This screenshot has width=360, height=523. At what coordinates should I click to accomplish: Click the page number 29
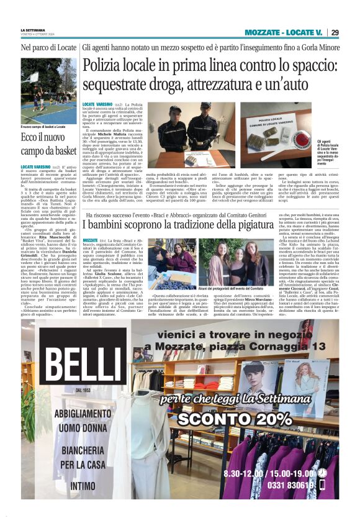click(x=335, y=32)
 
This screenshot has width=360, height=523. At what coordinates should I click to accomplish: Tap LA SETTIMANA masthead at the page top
click(x=33, y=30)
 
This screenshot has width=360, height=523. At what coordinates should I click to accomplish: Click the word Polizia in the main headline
click(x=105, y=65)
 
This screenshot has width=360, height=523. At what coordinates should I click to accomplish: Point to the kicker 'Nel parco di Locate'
click(x=48, y=47)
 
